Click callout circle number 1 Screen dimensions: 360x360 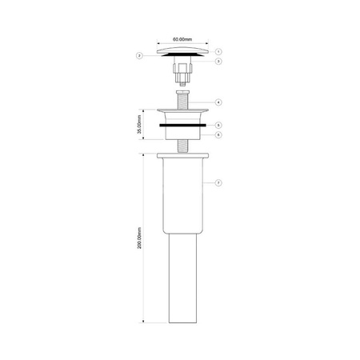click(218, 50)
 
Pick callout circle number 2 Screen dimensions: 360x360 click(139, 56)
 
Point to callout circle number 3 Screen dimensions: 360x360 click(218, 62)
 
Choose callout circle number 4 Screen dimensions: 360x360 click(218, 102)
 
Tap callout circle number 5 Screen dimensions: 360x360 click(218, 125)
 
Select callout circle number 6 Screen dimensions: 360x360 click(218, 134)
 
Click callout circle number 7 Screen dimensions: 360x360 click(218, 183)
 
